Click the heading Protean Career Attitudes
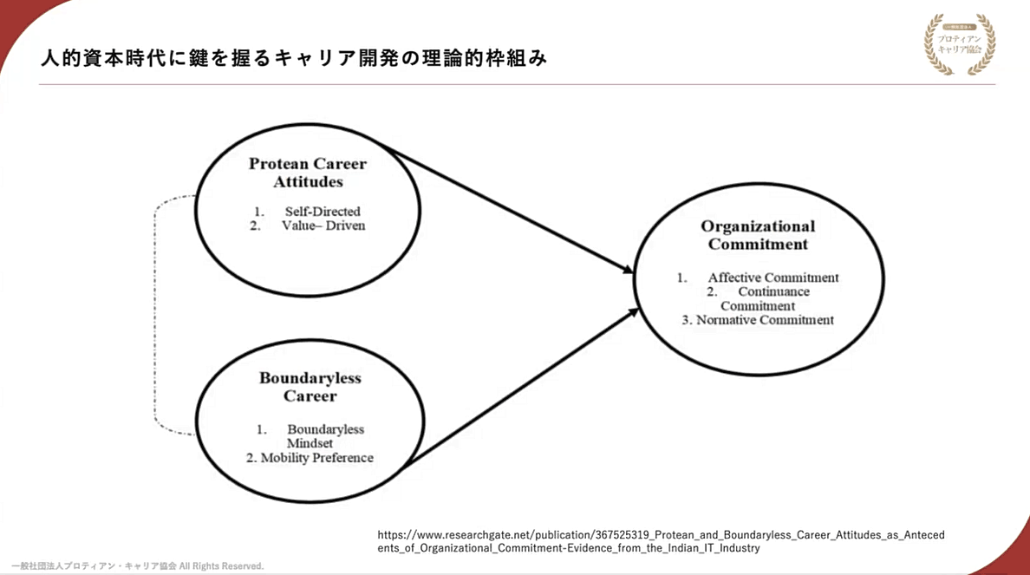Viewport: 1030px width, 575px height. coord(308,173)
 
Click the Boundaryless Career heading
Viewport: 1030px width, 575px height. coord(310,387)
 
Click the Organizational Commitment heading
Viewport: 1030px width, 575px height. coord(758,235)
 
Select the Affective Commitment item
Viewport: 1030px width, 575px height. coord(772,278)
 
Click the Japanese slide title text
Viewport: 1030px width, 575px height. coord(294,59)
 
